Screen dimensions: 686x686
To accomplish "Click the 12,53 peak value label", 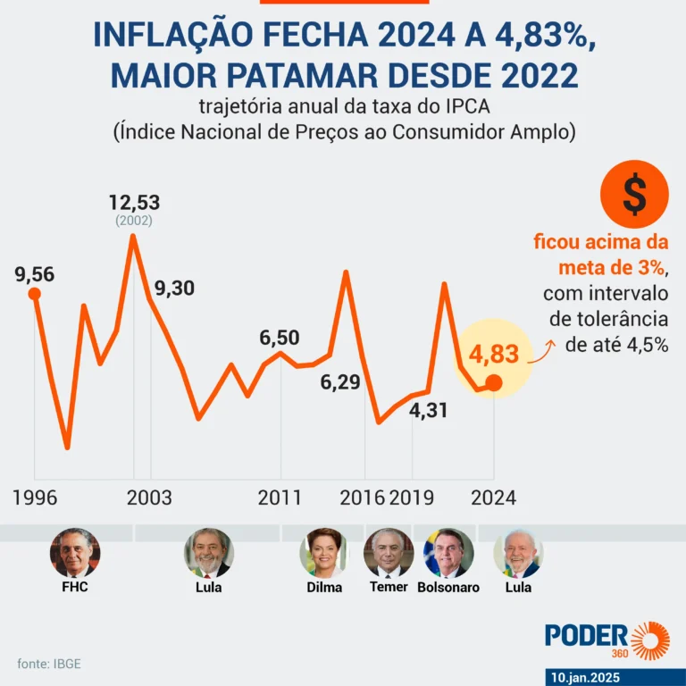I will [134, 202].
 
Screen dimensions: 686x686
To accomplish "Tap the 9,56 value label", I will [35, 274].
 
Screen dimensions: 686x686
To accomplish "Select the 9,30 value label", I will [174, 289].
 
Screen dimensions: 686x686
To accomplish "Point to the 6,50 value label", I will [280, 338].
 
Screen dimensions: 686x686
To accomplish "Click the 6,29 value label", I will [340, 383].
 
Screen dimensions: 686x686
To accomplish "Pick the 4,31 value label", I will [428, 412].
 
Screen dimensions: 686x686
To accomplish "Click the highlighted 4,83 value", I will [493, 354].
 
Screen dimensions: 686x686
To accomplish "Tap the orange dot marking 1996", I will [35, 294].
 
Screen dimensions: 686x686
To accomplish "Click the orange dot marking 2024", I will [494, 386].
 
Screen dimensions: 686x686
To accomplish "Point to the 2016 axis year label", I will [362, 498].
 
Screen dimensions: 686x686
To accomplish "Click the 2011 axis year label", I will [280, 498].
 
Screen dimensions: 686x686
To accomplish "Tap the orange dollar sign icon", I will [634, 197].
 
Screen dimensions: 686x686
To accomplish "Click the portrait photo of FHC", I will [75, 552].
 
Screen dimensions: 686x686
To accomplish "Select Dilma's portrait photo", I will [323, 552].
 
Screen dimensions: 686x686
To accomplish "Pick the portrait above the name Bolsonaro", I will [448, 552].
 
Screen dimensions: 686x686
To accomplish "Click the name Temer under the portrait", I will [389, 587].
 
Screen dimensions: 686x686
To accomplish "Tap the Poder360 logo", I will [607, 638].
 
